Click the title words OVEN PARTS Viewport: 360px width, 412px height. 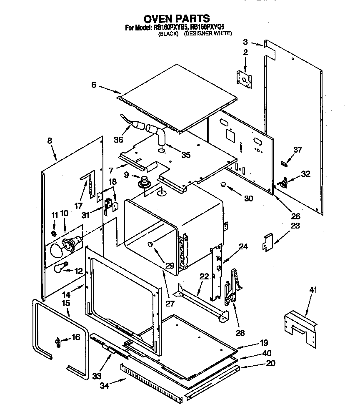(177, 18)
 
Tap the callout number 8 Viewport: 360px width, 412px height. (50, 141)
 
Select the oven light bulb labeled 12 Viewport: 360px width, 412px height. (61, 268)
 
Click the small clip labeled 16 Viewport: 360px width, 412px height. (57, 343)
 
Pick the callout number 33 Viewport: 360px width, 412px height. (97, 376)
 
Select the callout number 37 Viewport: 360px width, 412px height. (297, 150)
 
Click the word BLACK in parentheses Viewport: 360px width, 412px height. (168, 34)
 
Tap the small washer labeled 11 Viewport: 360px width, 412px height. (54, 233)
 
